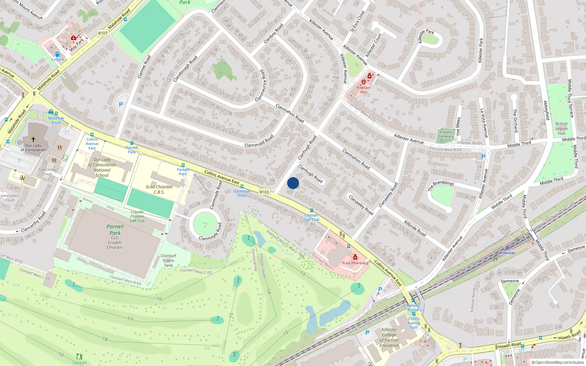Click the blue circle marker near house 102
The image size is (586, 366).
pyautogui.click(x=293, y=183)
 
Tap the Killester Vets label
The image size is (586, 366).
pyautogui.click(x=363, y=90)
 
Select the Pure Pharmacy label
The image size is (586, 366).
pyautogui.click(x=355, y=263)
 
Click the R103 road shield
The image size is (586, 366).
pyautogui.click(x=264, y=192)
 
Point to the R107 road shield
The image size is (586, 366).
pyautogui.click(x=103, y=33)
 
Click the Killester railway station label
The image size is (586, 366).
pyautogui.click(x=507, y=253)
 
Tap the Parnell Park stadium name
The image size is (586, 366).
pyautogui.click(x=115, y=229)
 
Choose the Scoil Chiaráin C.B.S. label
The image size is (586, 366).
pyautogui.click(x=159, y=189)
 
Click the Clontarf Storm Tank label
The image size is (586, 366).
pyautogui.click(x=168, y=261)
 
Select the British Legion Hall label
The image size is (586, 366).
pyautogui.click(x=561, y=128)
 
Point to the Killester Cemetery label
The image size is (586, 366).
pyautogui.click(x=446, y=134)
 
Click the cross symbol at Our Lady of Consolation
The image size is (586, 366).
pyautogui.click(x=33, y=139)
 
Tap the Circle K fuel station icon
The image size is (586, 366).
pyautogui.click(x=57, y=54)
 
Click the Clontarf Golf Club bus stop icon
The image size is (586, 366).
pyautogui.click(x=312, y=210)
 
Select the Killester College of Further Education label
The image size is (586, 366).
pyautogui.click(x=389, y=337)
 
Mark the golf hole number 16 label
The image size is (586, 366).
pyautogui.click(x=159, y=299)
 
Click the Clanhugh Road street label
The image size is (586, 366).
pyautogui.click(x=307, y=148)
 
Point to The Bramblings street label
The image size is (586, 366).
pyautogui.click(x=441, y=186)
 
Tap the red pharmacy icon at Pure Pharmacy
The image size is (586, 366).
pyautogui.click(x=355, y=257)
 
